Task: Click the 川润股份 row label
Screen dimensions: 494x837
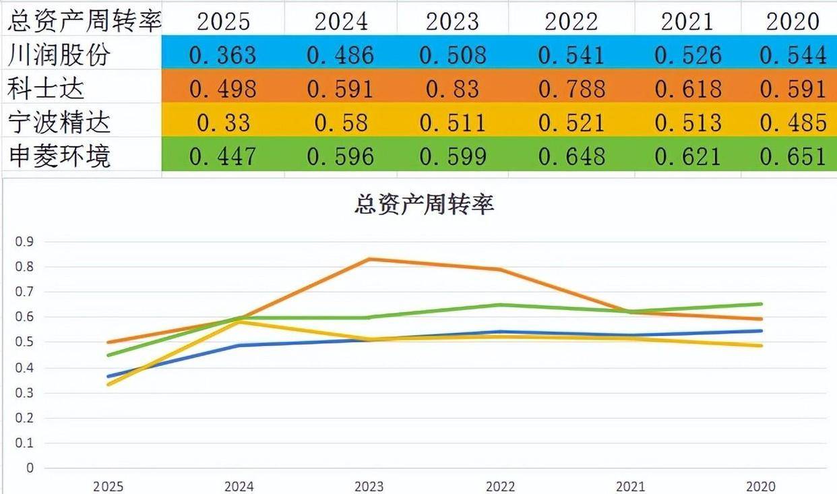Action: (59, 55)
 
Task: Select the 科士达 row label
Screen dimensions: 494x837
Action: (47, 88)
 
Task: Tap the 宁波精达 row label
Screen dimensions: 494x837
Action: (59, 122)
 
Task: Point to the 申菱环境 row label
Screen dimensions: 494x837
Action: (59, 156)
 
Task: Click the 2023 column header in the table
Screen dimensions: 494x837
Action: (452, 21)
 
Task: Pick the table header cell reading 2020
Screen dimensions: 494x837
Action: (793, 21)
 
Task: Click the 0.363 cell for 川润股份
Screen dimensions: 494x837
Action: (223, 55)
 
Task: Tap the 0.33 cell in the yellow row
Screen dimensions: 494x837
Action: (223, 123)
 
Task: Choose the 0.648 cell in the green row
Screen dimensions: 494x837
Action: (571, 156)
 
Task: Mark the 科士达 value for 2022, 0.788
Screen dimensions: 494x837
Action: (571, 88)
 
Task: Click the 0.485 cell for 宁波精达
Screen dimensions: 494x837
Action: (793, 123)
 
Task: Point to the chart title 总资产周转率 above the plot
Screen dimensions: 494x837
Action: (424, 204)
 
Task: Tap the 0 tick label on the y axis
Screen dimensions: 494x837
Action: (29, 468)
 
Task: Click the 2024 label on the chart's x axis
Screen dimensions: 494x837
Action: (239, 486)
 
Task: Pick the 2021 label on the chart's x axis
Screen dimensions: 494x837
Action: (631, 486)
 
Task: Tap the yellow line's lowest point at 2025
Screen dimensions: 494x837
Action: (108, 384)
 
